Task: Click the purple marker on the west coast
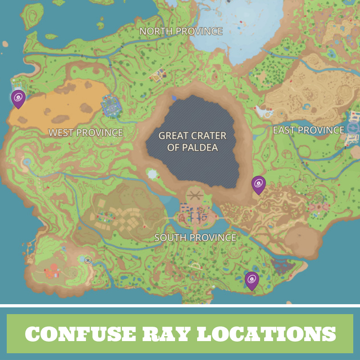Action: click(18, 98)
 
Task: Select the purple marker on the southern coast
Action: click(252, 280)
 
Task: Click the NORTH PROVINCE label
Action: click(181, 31)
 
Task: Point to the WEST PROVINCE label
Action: click(85, 133)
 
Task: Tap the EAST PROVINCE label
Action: click(309, 130)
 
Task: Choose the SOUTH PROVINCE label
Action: click(195, 238)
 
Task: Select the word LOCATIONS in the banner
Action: click(266, 333)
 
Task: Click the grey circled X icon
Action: click(88, 260)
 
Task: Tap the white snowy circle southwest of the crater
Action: click(152, 174)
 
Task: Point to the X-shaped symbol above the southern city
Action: click(194, 195)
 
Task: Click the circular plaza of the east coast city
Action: click(353, 129)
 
